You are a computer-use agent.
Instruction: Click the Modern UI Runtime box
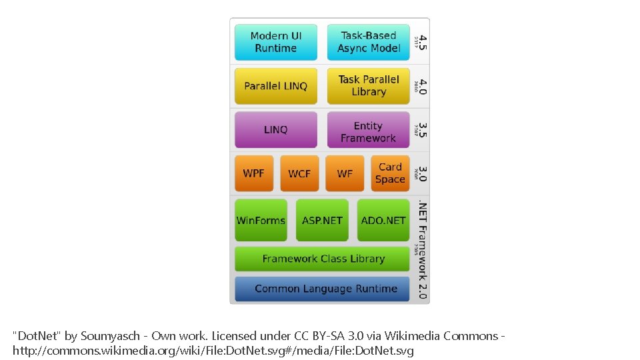[275, 42]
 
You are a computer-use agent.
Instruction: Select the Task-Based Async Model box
[368, 42]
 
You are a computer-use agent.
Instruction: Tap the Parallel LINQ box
[275, 86]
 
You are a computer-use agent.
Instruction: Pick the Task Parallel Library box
[368, 86]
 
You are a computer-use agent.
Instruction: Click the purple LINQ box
[275, 130]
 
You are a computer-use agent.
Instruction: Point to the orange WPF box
[254, 173]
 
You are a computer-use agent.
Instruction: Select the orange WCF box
[299, 173]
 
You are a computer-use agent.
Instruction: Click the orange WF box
[345, 173]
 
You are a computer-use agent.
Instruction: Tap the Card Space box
[390, 173]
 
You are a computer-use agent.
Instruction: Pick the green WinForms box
[261, 220]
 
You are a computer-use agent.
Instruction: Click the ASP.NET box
[322, 220]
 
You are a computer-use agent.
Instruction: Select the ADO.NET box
[383, 220]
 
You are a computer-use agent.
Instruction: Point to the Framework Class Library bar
[323, 259]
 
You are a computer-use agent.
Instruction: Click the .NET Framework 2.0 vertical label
[423, 250]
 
